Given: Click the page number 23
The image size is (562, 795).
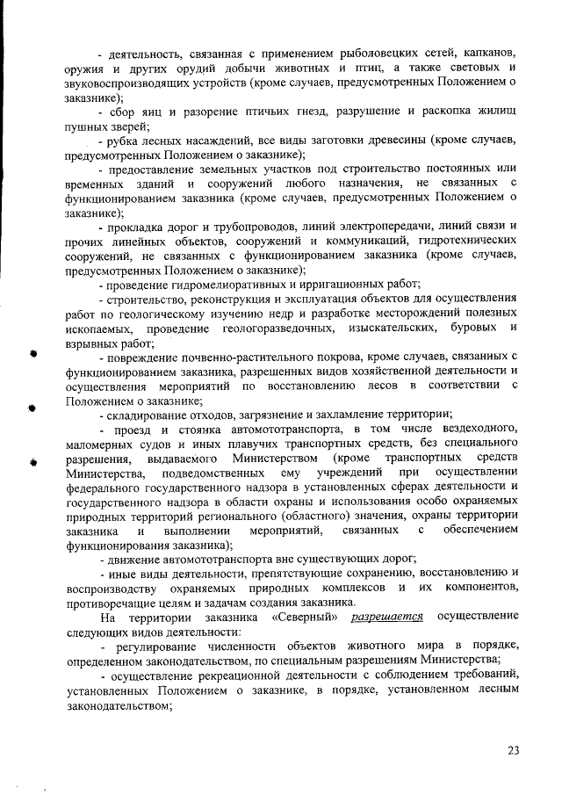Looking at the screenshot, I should click(x=514, y=748).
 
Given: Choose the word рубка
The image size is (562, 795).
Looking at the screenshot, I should click(x=126, y=141).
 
